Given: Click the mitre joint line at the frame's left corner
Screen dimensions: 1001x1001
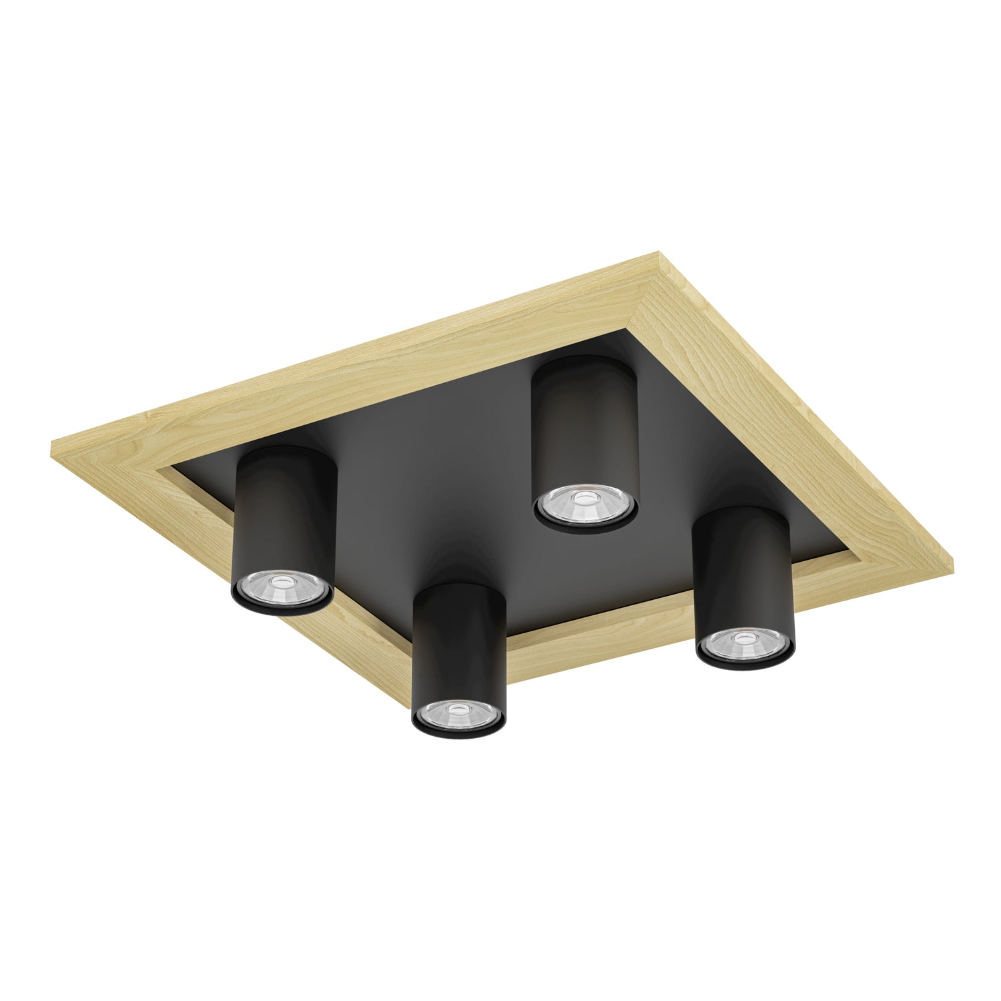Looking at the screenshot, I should pos(113,454).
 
